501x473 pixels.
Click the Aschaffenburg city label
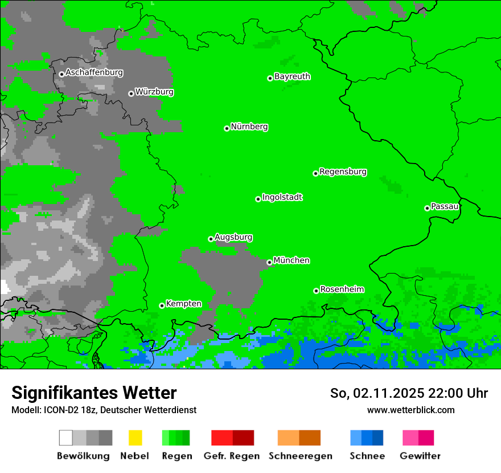pyautogui.click(x=94, y=72)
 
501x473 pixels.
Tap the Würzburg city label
pyautogui.click(x=154, y=92)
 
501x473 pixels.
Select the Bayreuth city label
pyautogui.click(x=292, y=76)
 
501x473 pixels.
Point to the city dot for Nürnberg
pyautogui.click(x=227, y=128)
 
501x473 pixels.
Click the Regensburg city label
pyautogui.click(x=343, y=172)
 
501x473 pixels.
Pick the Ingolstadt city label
pyautogui.click(x=282, y=197)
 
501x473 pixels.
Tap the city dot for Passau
pyautogui.click(x=427, y=208)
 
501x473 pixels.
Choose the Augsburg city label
pyautogui.click(x=233, y=237)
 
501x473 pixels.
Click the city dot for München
pyautogui.click(x=269, y=262)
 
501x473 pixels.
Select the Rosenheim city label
pyautogui.click(x=342, y=289)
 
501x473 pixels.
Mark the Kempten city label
pyautogui.click(x=183, y=304)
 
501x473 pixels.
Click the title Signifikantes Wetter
pyautogui.click(x=94, y=393)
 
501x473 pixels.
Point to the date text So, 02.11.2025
pyautogui.click(x=376, y=393)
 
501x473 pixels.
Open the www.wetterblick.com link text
pyautogui.click(x=410, y=410)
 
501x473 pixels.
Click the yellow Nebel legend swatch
pyautogui.click(x=135, y=438)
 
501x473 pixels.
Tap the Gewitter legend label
pyautogui.click(x=420, y=456)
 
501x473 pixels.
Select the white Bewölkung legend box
pyautogui.click(x=66, y=438)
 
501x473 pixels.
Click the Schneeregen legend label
pyautogui.click(x=300, y=456)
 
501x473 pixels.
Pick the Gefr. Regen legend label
pyautogui.click(x=231, y=456)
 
